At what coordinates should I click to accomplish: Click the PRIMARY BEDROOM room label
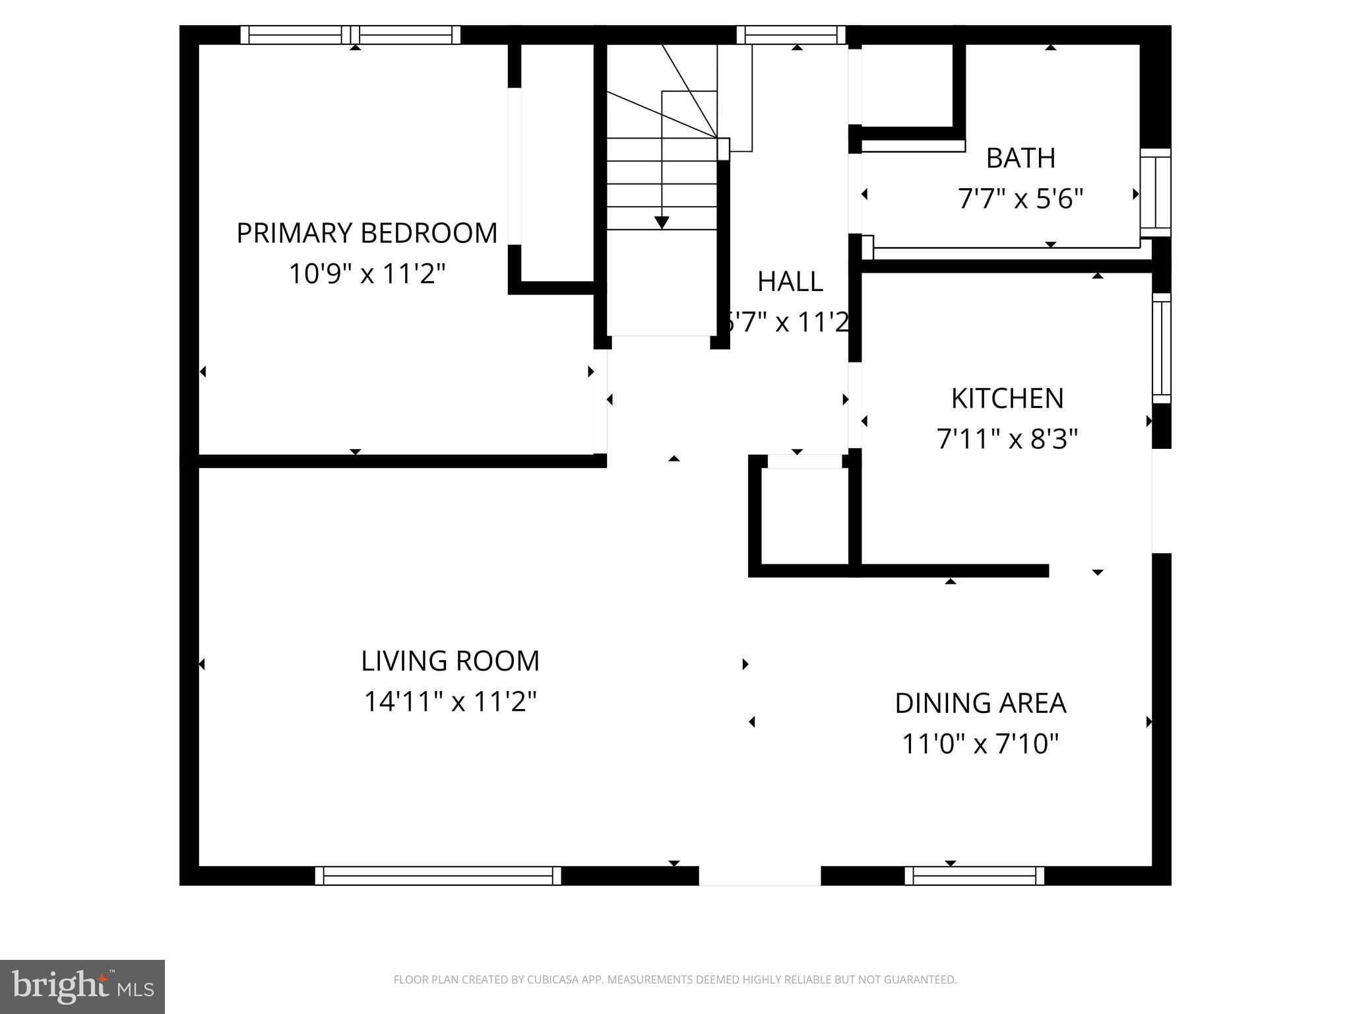[x=367, y=234]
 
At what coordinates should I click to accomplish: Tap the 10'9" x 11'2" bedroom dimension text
[x=367, y=273]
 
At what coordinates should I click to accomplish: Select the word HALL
[x=790, y=282]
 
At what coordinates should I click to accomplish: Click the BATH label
[x=1021, y=158]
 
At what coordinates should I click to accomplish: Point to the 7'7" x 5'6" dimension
[x=1021, y=199]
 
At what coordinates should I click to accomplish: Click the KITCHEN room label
[x=1007, y=399]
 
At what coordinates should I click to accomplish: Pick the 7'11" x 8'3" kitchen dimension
[x=1007, y=439]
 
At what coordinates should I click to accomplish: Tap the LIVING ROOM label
[x=450, y=661]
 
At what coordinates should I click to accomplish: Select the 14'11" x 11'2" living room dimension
[x=450, y=702]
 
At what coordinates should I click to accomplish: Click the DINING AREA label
[x=980, y=704]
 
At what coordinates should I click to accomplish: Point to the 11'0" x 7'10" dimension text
[x=980, y=744]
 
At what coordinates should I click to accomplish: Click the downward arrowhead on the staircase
[x=662, y=222]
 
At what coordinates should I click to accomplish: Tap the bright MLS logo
[x=82, y=987]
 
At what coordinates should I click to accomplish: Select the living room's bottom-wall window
[x=438, y=876]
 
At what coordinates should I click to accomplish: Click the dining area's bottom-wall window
[x=974, y=876]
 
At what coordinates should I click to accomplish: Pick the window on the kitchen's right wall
[x=1161, y=348]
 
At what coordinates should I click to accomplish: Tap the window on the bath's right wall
[x=1156, y=192]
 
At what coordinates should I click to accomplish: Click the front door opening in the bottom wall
[x=759, y=876]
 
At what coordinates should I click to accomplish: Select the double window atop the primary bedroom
[x=350, y=35]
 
